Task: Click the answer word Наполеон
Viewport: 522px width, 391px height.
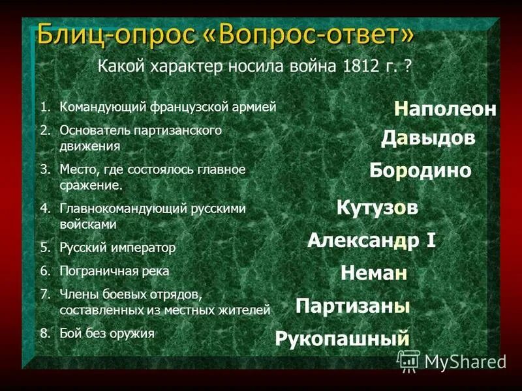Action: (x=445, y=109)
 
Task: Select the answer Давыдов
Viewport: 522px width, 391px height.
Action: (x=428, y=138)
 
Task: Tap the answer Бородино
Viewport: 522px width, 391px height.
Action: (x=420, y=171)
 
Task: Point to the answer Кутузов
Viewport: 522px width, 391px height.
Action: (x=377, y=208)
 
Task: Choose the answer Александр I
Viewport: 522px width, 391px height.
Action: (x=371, y=240)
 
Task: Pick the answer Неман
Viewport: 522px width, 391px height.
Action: (x=374, y=273)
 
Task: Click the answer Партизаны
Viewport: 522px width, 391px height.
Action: (x=352, y=306)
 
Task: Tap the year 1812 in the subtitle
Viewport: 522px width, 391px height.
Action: (x=357, y=66)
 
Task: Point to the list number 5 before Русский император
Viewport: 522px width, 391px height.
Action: (x=44, y=248)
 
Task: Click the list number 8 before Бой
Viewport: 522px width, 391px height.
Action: (x=44, y=334)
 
